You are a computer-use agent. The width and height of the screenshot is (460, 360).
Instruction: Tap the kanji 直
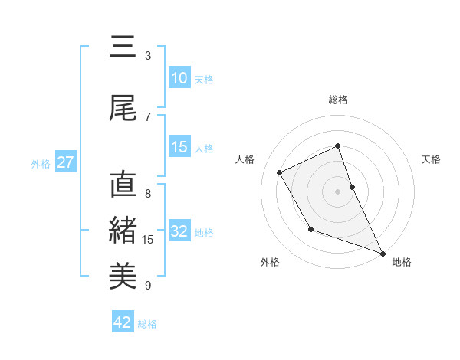point(123,186)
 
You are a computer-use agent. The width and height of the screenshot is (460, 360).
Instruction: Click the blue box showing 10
point(179,78)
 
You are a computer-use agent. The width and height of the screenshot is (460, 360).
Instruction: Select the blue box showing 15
point(179,147)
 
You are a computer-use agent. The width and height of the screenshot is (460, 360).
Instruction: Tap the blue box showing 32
point(179,231)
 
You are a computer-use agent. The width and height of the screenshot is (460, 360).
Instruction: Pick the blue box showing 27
point(65,162)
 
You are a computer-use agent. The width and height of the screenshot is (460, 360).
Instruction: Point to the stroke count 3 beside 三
point(148,56)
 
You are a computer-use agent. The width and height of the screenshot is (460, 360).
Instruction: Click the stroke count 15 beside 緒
point(148,240)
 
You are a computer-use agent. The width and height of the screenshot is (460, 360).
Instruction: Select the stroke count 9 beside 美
point(148,286)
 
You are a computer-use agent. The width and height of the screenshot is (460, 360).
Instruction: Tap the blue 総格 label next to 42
point(147,324)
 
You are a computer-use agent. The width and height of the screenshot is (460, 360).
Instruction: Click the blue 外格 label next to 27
point(41,163)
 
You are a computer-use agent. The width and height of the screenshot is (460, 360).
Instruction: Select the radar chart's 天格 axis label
point(432,159)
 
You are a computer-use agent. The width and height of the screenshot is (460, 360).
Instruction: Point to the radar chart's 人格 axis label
point(245,159)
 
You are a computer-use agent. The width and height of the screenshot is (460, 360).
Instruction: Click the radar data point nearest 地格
point(383,253)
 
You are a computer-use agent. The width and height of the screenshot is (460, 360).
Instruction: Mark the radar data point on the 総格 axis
point(337,146)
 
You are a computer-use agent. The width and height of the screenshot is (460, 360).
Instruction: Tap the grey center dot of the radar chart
point(337,191)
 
